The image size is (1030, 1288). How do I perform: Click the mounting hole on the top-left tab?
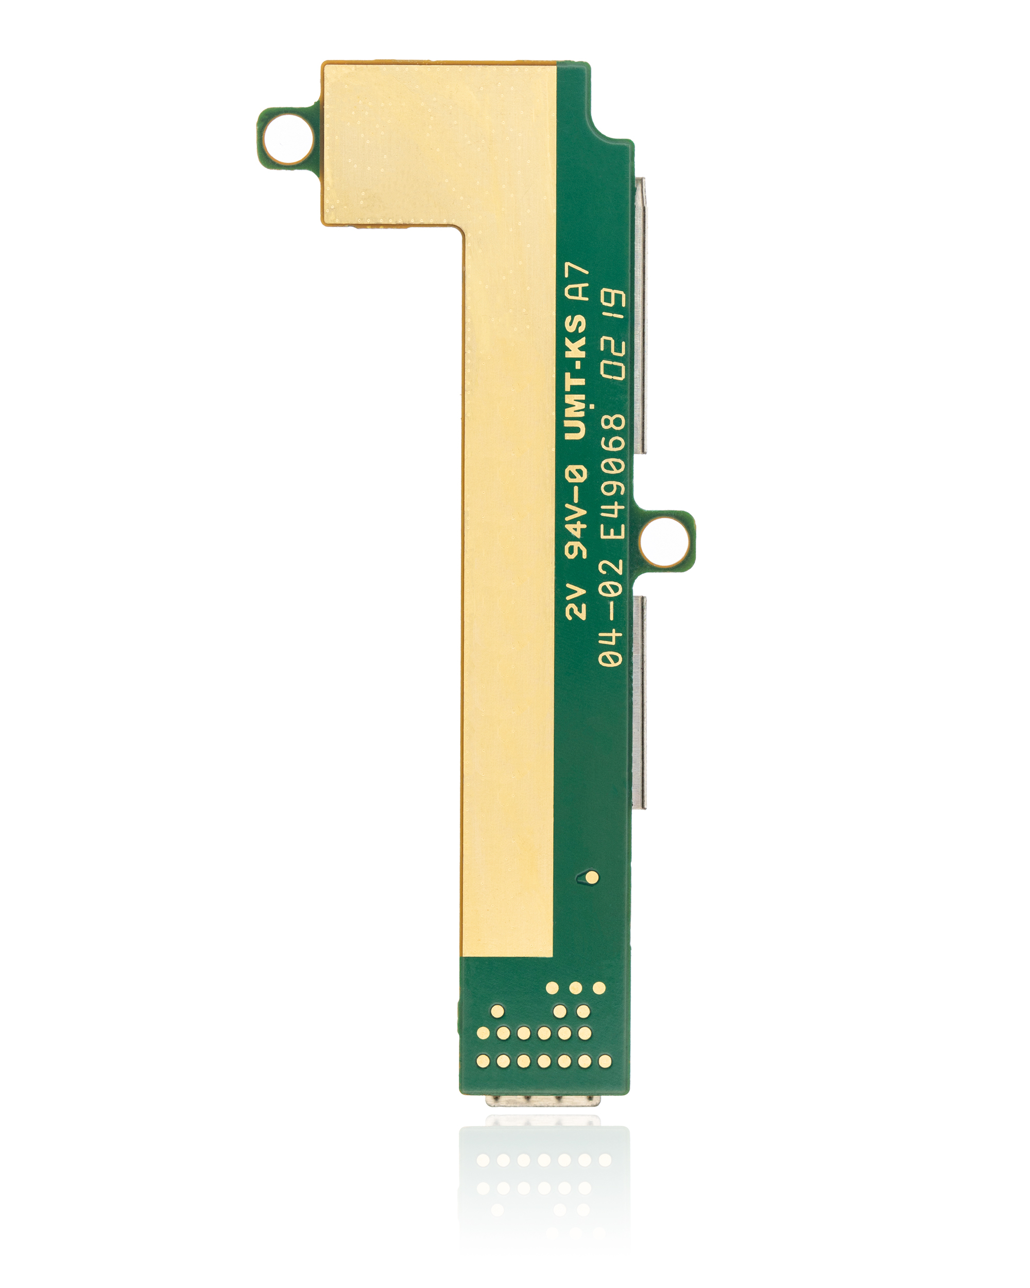pyautogui.click(x=288, y=139)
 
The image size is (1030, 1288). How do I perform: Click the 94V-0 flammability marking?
pyautogui.click(x=576, y=514)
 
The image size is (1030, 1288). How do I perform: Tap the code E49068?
pyautogui.click(x=612, y=477)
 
